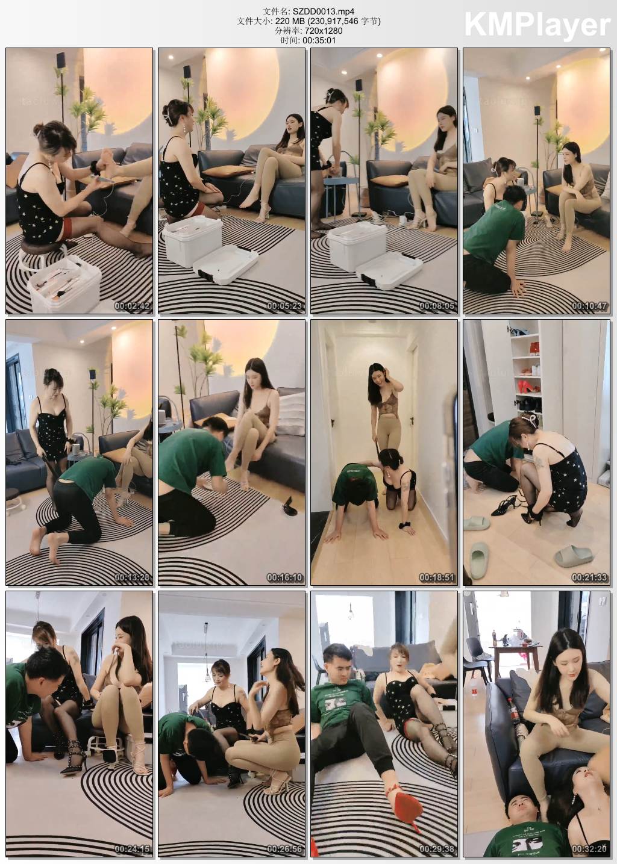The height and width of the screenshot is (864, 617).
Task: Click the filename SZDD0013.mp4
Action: (323, 11)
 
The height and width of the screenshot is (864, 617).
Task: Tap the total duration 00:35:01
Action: (319, 40)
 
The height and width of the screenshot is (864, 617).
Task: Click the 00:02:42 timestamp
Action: (132, 306)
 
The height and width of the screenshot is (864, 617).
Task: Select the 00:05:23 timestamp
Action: (284, 306)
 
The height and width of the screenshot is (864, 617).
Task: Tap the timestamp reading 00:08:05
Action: (437, 306)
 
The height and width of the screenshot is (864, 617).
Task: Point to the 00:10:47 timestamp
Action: (589, 306)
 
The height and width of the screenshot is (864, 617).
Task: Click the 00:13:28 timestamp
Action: (132, 577)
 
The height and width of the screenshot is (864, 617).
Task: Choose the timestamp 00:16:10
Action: (284, 577)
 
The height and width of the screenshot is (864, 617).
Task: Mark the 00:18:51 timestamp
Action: (437, 577)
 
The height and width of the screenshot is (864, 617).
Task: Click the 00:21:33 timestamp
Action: (589, 577)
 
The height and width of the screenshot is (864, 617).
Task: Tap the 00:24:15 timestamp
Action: (132, 849)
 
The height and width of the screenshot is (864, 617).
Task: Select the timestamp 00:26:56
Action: (284, 849)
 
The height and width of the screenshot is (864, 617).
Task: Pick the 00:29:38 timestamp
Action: (437, 849)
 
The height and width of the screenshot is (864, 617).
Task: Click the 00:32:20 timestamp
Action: (589, 849)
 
